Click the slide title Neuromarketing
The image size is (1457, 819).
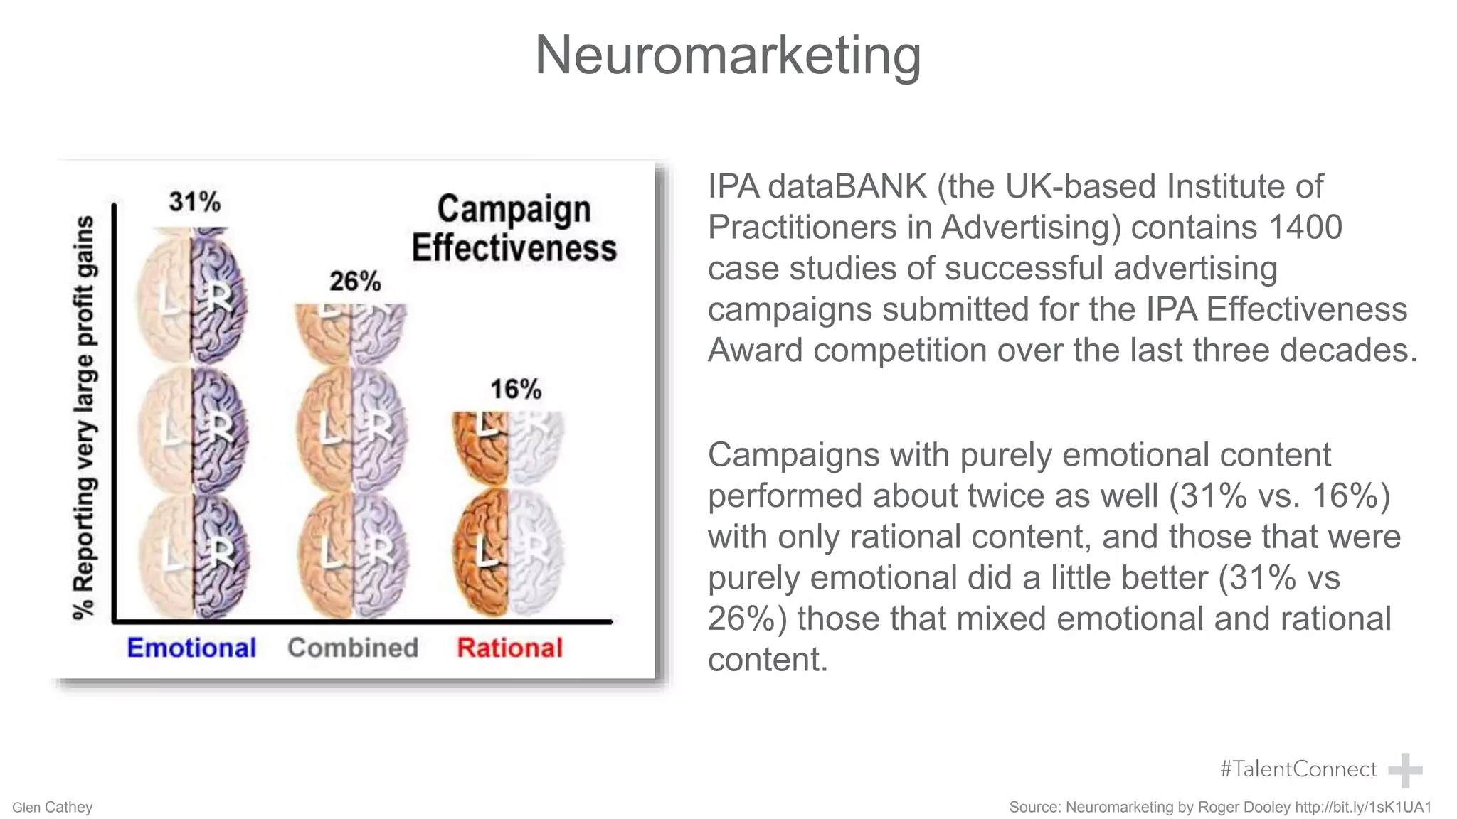click(x=728, y=55)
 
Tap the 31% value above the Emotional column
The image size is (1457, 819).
click(x=194, y=202)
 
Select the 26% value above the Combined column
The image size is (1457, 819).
click(x=354, y=282)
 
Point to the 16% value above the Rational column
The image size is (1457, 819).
click(x=515, y=390)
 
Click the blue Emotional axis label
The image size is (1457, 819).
click(x=191, y=648)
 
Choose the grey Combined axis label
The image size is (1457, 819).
click(x=353, y=648)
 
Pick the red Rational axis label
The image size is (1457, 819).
click(x=509, y=648)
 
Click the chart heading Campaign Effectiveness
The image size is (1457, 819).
click(x=514, y=228)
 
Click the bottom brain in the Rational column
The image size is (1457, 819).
click(x=508, y=552)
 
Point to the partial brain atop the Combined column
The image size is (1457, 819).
click(x=351, y=333)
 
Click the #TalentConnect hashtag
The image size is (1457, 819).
click(x=1298, y=769)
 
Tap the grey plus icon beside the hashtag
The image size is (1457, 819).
click(x=1405, y=770)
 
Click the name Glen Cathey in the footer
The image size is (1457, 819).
click(x=53, y=808)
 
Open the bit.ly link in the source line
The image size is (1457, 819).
click(x=1363, y=807)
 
